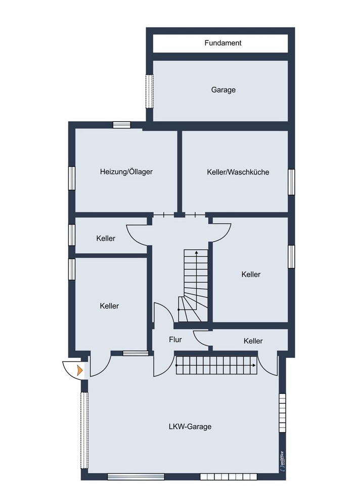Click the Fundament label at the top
(x=223, y=43)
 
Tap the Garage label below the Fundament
(x=223, y=90)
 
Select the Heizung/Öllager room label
(x=126, y=172)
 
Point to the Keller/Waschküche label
(x=238, y=172)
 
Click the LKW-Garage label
(x=190, y=427)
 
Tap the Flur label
(x=175, y=340)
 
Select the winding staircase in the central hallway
(x=193, y=286)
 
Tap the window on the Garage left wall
(x=149, y=90)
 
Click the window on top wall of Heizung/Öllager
(x=121, y=125)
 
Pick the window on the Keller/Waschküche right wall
(x=291, y=181)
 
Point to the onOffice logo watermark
(x=282, y=461)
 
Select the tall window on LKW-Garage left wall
(x=84, y=431)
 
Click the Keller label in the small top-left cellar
(x=106, y=239)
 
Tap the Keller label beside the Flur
(x=253, y=341)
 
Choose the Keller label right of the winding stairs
(x=251, y=275)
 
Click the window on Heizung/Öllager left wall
(x=72, y=178)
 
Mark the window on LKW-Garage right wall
(x=283, y=413)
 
